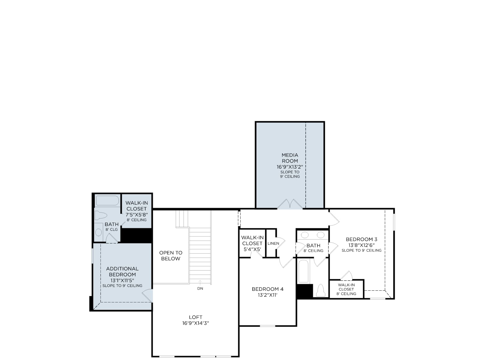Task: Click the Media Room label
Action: pyautogui.click(x=290, y=158)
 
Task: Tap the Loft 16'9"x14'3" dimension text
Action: pyautogui.click(x=196, y=323)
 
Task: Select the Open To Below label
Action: pyautogui.click(x=171, y=256)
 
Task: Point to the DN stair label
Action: pyautogui.click(x=200, y=289)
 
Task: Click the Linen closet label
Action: pyautogui.click(x=273, y=244)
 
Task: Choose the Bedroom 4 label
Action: pyautogui.click(x=268, y=289)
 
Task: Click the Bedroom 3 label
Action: pyautogui.click(x=361, y=239)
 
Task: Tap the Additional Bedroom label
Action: pyautogui.click(x=122, y=271)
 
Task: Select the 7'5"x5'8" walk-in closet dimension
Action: pyautogui.click(x=137, y=214)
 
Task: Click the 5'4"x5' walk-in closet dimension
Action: pyautogui.click(x=252, y=249)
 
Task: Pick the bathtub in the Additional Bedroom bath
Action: pyautogui.click(x=107, y=201)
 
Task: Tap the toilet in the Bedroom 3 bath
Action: pyautogui.click(x=321, y=290)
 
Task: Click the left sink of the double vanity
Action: pyautogui.click(x=304, y=235)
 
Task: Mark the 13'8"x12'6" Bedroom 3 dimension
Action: pyautogui.click(x=361, y=245)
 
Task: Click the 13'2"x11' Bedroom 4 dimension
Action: pyautogui.click(x=268, y=295)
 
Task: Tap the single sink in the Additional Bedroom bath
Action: pyautogui.click(x=99, y=232)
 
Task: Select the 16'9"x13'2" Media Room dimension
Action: pyautogui.click(x=290, y=167)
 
